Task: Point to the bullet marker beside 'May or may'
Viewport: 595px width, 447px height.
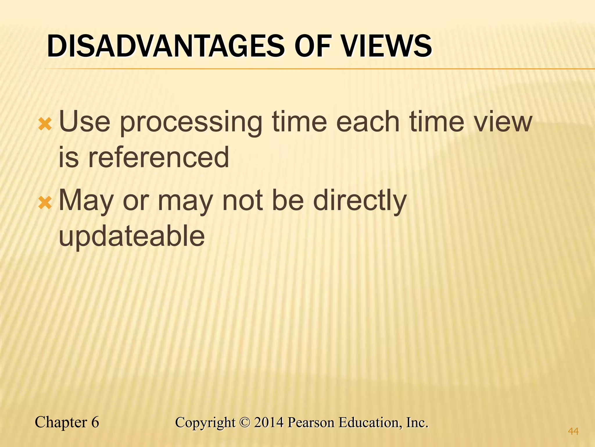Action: (45, 203)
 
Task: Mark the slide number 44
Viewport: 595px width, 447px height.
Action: (573, 431)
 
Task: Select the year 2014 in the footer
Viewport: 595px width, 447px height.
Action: (268, 422)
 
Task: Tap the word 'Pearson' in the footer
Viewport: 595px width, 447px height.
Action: (311, 422)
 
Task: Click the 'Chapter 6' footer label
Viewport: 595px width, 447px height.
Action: (67, 422)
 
